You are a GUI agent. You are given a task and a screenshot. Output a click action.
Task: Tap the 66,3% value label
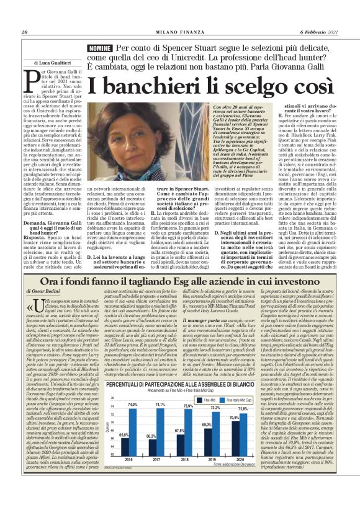pyautogui.click(x=151, y=471)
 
